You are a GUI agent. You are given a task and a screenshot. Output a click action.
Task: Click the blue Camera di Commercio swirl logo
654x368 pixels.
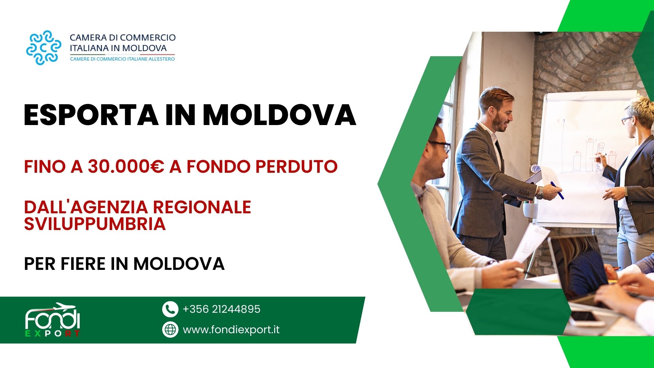coord(44,48)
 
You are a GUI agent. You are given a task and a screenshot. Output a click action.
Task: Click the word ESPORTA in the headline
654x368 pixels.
coord(91,115)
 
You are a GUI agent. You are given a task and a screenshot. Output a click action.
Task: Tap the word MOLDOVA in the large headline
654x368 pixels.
coord(279,115)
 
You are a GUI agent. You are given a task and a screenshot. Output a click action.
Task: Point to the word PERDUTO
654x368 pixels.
coord(296,167)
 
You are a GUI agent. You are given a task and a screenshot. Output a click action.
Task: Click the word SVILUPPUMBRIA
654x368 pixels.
coord(95,224)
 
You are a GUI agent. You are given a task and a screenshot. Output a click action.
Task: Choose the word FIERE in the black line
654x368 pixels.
coord(83,264)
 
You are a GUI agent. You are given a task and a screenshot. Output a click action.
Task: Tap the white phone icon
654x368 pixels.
coord(170,309)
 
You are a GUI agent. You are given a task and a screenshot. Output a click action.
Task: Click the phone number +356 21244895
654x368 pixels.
coord(221,309)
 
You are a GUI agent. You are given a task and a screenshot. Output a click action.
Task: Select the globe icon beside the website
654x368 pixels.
coord(170,329)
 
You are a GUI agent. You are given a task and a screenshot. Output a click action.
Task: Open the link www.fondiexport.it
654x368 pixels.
coord(231,329)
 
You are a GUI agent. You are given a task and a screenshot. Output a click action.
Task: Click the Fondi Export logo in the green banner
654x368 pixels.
coord(52,320)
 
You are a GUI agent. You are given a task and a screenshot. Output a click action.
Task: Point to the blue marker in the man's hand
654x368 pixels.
coord(557,190)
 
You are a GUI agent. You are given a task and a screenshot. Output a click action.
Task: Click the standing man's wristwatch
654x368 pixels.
coord(540,193)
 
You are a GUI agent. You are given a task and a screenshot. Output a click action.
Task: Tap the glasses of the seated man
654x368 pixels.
coord(440,145)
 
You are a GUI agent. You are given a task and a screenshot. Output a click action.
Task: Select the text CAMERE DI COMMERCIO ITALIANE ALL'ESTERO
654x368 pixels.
coord(122,59)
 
